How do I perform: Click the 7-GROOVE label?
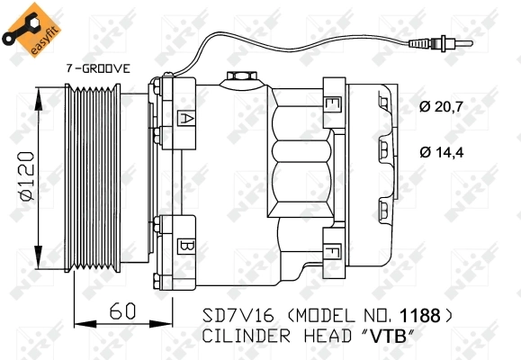click(x=98, y=68)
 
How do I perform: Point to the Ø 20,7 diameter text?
click(x=442, y=108)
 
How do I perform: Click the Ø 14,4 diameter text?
click(x=442, y=151)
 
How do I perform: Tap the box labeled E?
click(x=332, y=105)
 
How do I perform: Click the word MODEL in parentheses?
click(x=313, y=317)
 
